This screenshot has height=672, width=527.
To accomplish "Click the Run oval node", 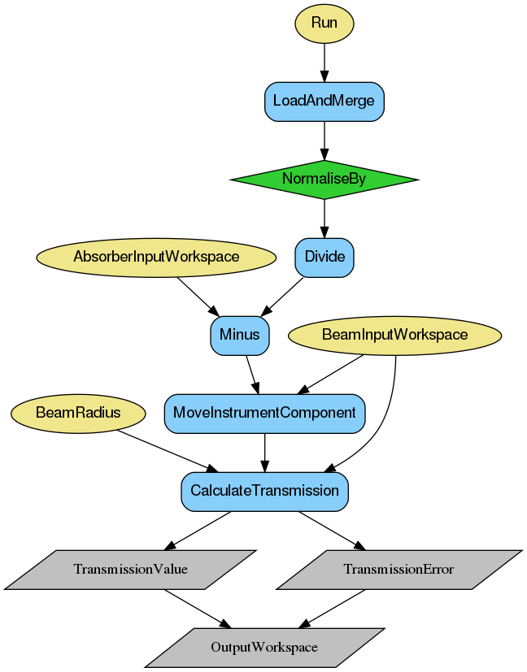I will click(324, 23).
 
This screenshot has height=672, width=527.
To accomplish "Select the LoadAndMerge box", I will click(324, 102).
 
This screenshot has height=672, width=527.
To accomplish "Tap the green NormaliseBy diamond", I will click(324, 179).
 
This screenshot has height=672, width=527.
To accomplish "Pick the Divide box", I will click(324, 257).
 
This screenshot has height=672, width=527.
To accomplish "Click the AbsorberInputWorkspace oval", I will click(156, 257).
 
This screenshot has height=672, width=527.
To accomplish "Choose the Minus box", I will click(240, 335).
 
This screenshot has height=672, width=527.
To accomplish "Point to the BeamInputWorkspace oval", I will click(395, 335).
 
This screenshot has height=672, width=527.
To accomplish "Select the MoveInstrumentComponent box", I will click(264, 413).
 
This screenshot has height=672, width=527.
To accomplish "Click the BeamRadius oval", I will click(78, 413).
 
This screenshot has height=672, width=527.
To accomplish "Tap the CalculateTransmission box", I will click(264, 491).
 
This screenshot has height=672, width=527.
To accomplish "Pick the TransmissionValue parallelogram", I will click(130, 569).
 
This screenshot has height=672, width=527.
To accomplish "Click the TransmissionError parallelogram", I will click(399, 569).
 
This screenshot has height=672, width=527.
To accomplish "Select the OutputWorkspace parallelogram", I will click(264, 647).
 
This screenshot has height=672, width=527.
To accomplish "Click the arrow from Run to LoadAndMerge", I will click(324, 62).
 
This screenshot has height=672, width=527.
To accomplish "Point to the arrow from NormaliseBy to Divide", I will click(324, 218).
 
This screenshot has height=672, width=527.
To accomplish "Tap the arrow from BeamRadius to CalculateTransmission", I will click(167, 450).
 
